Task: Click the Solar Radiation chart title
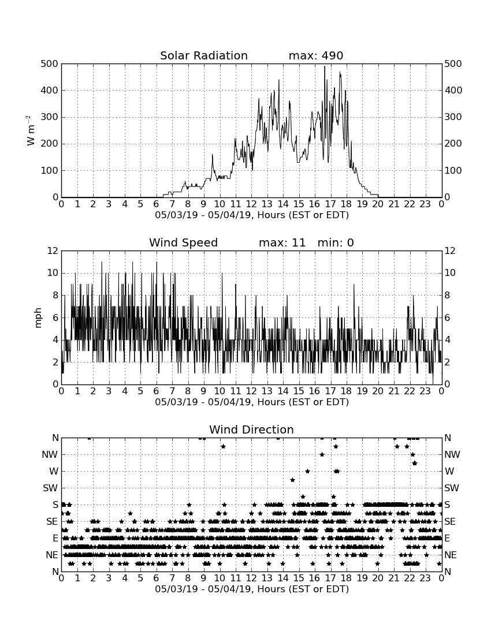[204, 55]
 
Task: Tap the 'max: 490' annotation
[316, 55]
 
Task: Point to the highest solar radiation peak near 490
[325, 66]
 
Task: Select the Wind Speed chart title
[184, 242]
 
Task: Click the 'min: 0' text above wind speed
[336, 242]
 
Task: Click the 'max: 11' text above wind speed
[282, 242]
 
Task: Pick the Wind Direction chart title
[251, 429]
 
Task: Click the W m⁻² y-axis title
[31, 130]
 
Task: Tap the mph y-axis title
[38, 318]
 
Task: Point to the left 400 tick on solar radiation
[50, 90]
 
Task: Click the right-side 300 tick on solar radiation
[453, 117]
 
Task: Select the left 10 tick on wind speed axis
[53, 273]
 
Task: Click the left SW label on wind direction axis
[51, 488]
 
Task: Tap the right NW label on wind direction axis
[452, 454]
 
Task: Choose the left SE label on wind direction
[52, 522]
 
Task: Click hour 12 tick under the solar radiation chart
[251, 204]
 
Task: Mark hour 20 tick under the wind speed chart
[378, 391]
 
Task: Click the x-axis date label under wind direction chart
[252, 589]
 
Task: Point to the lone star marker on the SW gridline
[292, 480]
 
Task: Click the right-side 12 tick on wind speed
[450, 251]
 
